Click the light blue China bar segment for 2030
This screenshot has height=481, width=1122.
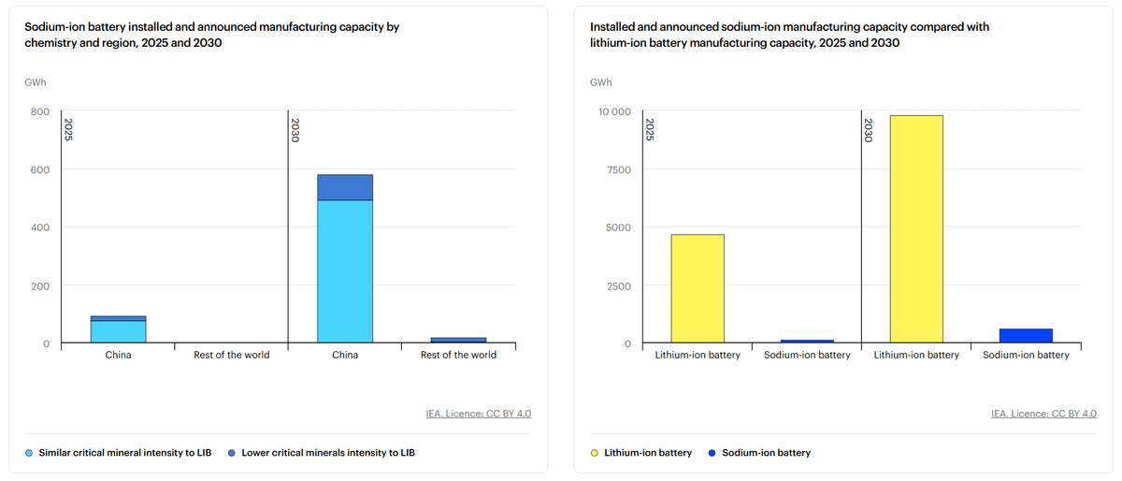345,271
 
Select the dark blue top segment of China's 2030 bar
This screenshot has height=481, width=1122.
345,187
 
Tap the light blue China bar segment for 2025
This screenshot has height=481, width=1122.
118,331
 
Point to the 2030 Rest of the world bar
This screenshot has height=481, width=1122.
458,340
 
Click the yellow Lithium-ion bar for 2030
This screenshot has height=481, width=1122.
916,229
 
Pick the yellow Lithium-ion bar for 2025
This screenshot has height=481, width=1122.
698,288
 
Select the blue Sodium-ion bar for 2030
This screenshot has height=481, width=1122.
1026,336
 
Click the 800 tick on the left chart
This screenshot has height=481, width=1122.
40,112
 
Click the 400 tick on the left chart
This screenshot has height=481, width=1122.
40,228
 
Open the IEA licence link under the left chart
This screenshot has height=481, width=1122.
478,414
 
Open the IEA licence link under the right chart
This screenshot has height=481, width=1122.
1043,414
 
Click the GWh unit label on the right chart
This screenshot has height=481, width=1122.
600,82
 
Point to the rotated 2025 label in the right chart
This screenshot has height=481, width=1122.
650,129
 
